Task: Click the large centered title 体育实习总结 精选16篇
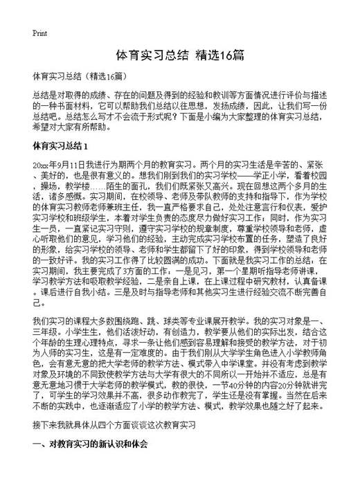point(179,55)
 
